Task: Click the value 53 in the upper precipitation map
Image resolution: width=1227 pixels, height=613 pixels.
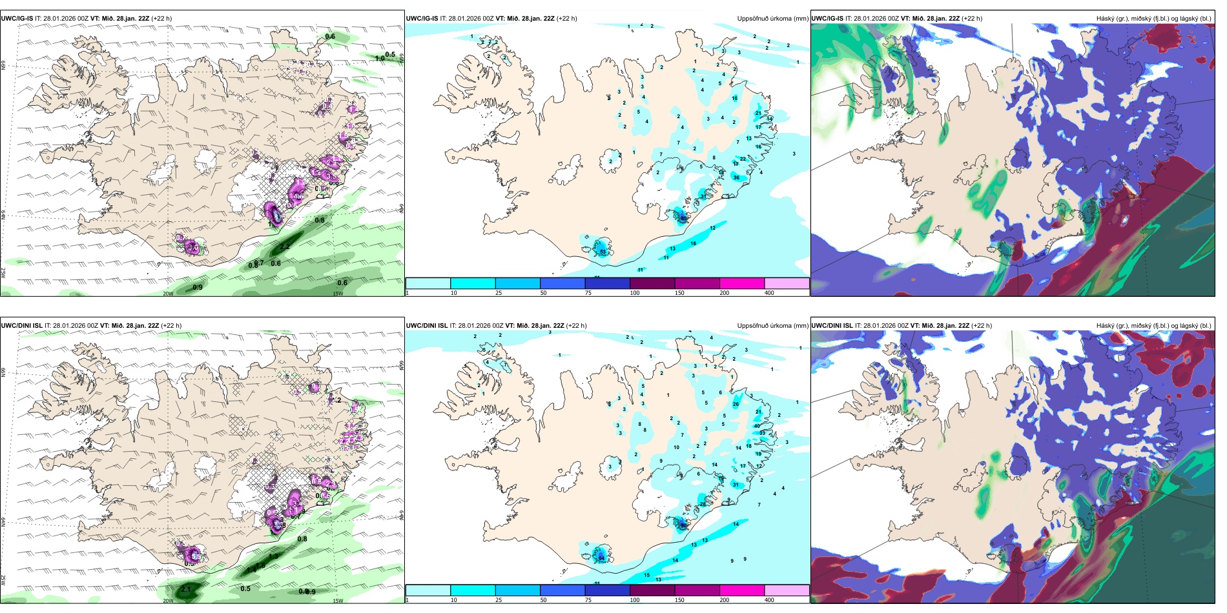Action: coord(603,252)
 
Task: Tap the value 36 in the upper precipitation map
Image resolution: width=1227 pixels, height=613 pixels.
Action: coord(737,178)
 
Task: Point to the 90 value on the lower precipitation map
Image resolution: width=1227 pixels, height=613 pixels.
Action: coord(683,525)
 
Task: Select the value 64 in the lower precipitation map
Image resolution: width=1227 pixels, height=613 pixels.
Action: coord(601,558)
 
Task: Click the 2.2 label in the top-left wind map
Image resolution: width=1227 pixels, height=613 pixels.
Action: coord(285,246)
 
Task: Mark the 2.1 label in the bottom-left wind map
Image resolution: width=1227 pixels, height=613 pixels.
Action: coord(186,589)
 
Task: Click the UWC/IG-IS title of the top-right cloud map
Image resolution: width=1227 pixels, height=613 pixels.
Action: coord(827,19)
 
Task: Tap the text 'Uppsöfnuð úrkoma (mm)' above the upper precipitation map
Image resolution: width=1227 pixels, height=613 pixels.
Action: coord(772,19)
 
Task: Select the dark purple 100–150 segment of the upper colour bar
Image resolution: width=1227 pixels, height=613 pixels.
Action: coord(652,284)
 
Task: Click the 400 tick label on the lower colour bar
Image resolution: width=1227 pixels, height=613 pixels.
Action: coord(769,600)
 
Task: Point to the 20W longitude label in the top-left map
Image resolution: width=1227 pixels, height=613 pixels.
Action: coord(168,294)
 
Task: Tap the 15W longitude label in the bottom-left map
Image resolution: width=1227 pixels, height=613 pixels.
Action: coord(338,601)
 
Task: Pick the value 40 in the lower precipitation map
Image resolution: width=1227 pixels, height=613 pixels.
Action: coord(757,427)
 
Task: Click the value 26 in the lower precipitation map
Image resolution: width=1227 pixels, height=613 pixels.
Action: coord(736,405)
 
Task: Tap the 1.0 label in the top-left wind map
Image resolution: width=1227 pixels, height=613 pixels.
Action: coord(380,58)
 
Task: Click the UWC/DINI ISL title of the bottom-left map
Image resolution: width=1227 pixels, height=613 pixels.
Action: coord(21,326)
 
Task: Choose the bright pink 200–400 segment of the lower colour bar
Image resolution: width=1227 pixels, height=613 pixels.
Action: coord(742,590)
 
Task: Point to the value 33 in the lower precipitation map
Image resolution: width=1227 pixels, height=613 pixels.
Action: coord(762,434)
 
